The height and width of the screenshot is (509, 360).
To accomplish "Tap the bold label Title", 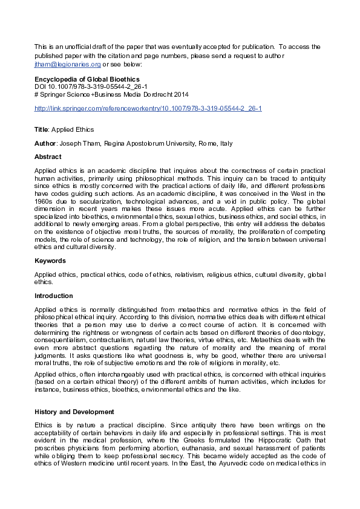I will tap(42, 130).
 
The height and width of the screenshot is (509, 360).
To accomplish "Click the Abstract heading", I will tap(48, 157).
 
